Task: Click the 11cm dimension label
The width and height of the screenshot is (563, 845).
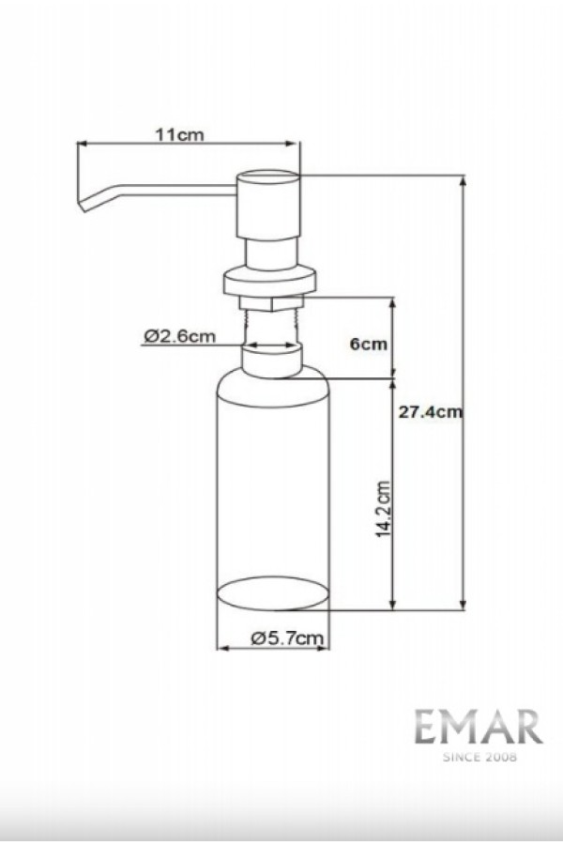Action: (180, 134)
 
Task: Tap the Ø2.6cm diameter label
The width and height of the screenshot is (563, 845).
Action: (180, 336)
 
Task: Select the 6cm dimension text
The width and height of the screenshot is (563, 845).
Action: (369, 344)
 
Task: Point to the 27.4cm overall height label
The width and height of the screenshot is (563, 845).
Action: (431, 412)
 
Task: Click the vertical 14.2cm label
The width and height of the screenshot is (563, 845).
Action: (383, 509)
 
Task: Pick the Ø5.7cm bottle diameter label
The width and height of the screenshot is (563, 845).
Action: (288, 638)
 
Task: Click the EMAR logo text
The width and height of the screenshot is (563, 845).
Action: (479, 727)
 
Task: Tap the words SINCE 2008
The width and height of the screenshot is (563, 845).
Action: (479, 757)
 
